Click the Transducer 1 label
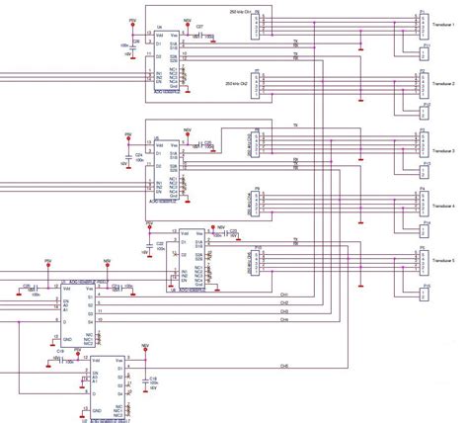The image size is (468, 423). (439, 27)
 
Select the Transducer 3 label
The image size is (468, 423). (439, 150)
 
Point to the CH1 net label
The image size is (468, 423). (283, 295)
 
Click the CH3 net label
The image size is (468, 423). (283, 312)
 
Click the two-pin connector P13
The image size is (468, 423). (426, 169)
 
